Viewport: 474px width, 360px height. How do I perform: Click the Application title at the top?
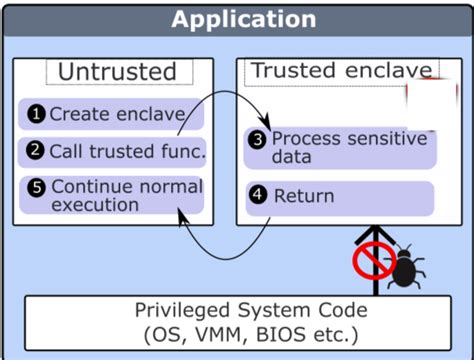(x=243, y=19)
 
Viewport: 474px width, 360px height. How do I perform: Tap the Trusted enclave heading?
(x=341, y=71)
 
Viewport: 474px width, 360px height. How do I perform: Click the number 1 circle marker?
(x=36, y=114)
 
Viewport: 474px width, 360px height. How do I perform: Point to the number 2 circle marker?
(x=36, y=152)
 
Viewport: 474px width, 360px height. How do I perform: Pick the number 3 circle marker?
(x=258, y=139)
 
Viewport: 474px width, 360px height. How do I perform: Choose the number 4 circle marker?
(x=258, y=195)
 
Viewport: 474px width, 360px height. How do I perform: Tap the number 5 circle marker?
(x=36, y=186)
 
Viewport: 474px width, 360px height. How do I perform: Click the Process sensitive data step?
(x=345, y=148)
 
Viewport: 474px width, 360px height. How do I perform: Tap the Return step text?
(x=303, y=196)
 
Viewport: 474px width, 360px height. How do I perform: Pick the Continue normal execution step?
(x=124, y=195)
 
